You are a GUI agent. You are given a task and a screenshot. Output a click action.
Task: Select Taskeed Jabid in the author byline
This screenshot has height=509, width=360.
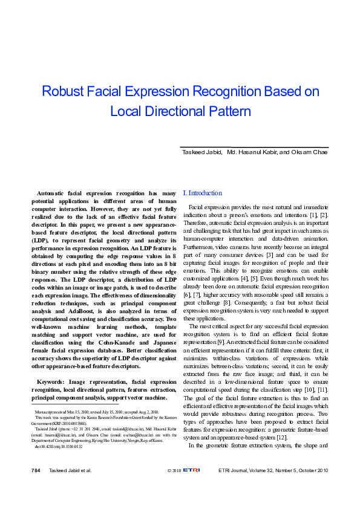(202, 152)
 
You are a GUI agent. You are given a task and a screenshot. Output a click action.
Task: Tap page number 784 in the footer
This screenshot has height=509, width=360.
(36, 469)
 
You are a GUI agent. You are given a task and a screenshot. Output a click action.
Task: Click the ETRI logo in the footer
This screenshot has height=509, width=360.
(192, 469)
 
